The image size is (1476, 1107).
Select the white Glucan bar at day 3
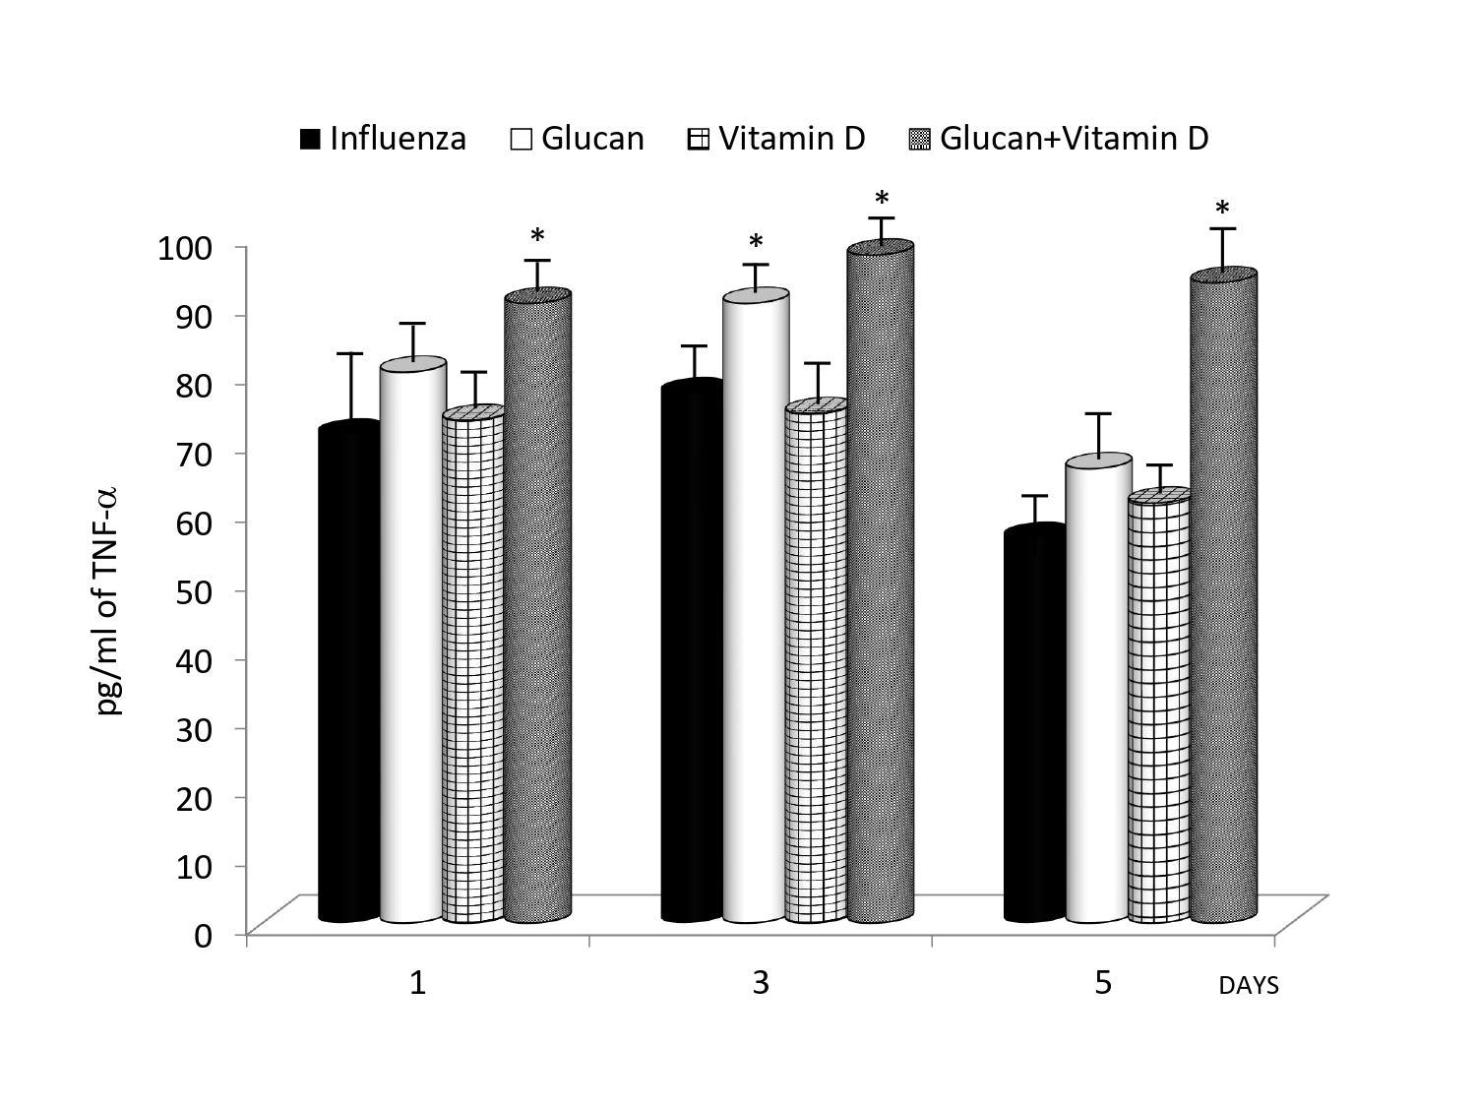click(755, 610)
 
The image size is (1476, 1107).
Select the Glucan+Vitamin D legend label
click(1074, 139)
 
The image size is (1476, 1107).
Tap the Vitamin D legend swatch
click(697, 140)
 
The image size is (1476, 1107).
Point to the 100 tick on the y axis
click(185, 247)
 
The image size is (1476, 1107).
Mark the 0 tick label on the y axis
click(203, 934)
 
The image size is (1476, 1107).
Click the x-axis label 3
click(761, 982)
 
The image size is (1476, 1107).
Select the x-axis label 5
click(1103, 982)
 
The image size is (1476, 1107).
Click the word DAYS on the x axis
click(1248, 986)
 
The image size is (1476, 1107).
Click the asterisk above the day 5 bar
click(1222, 210)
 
